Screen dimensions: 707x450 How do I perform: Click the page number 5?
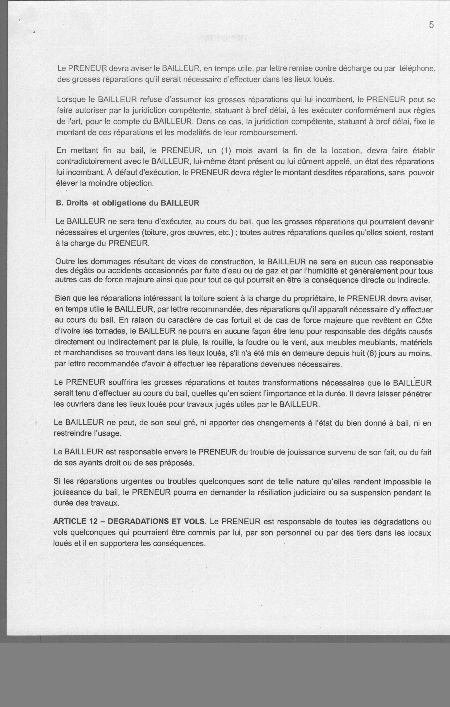431,25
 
